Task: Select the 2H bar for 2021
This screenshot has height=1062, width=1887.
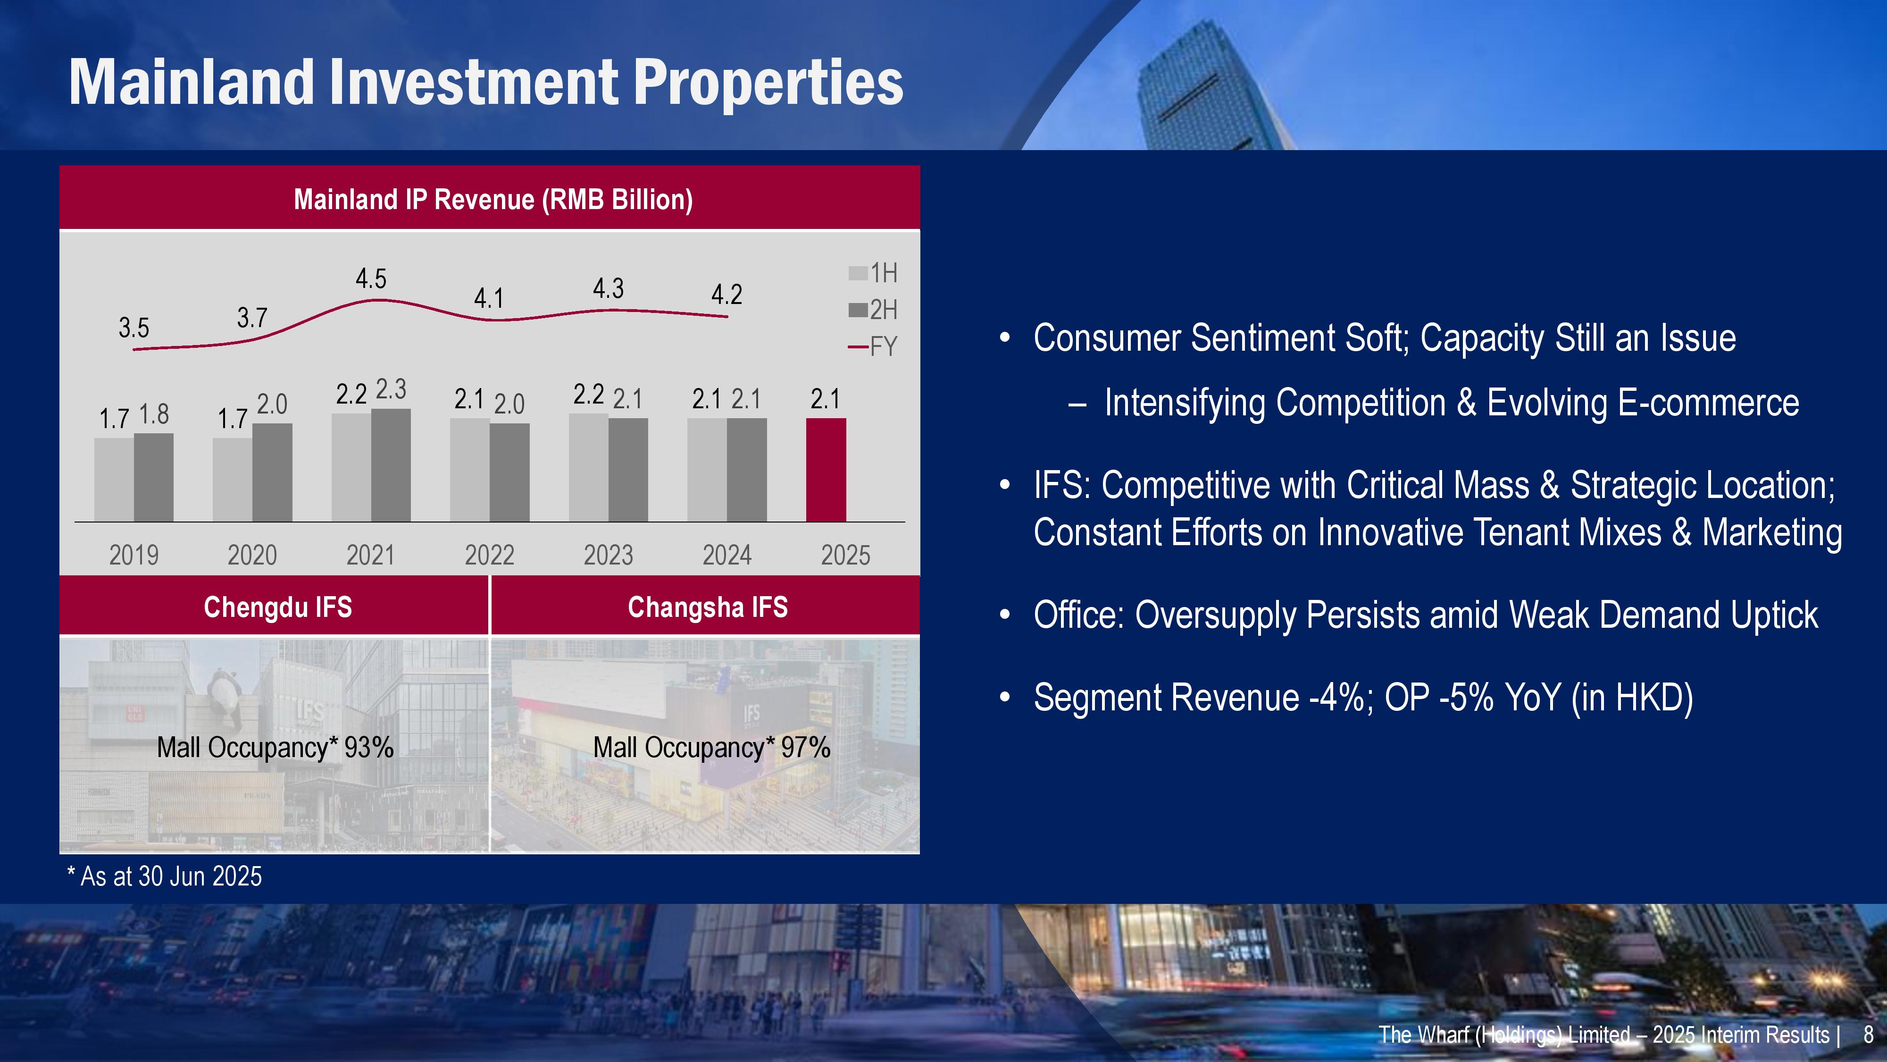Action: [391, 465]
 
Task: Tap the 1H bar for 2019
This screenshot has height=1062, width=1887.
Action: [114, 480]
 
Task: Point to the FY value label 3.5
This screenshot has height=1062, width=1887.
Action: [134, 328]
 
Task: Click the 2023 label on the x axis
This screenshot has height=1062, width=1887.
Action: [608, 555]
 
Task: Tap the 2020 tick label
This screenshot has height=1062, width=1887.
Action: [252, 555]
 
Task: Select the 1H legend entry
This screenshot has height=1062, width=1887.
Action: [873, 273]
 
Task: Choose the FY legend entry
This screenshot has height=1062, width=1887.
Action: [873, 346]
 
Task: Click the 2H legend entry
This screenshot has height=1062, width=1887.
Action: [873, 310]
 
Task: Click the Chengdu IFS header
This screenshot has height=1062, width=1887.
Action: [278, 607]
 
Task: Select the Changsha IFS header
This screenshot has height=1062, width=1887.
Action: [708, 607]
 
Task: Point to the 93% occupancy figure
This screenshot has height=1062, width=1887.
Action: [368, 748]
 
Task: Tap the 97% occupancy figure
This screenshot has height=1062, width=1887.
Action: [805, 748]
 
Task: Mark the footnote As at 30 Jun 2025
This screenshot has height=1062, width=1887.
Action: [165, 876]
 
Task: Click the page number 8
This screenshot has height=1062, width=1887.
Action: [1868, 1034]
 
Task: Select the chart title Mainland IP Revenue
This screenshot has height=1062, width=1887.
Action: [493, 199]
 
